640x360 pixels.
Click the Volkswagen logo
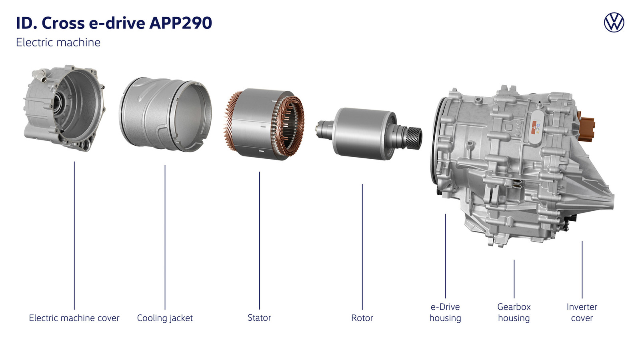614,22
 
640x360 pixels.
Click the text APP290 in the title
180,23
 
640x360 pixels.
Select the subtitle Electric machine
58,42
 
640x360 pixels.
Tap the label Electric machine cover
74,318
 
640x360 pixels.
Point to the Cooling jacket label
165,318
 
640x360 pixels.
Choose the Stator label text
259,318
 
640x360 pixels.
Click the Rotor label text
362,318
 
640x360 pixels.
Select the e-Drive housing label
445,312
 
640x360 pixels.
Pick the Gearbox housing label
514,312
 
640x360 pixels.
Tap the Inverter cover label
582,312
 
